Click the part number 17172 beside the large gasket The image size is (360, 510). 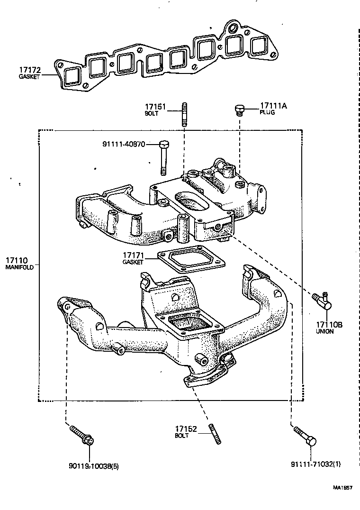pos(30,70)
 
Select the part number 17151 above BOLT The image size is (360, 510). pos(155,107)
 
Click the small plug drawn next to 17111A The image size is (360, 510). pos(240,110)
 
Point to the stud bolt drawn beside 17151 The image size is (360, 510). pos(184,115)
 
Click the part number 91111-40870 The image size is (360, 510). pos(124,144)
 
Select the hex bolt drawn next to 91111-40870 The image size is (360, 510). pos(163,156)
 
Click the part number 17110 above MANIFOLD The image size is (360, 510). pos(17,260)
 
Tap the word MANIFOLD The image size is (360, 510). pos(19,268)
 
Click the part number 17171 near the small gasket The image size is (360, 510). pos(134,255)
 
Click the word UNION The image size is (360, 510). pos(324,332)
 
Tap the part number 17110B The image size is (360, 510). pos(328,325)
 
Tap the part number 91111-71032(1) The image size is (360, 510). pos(315,465)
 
